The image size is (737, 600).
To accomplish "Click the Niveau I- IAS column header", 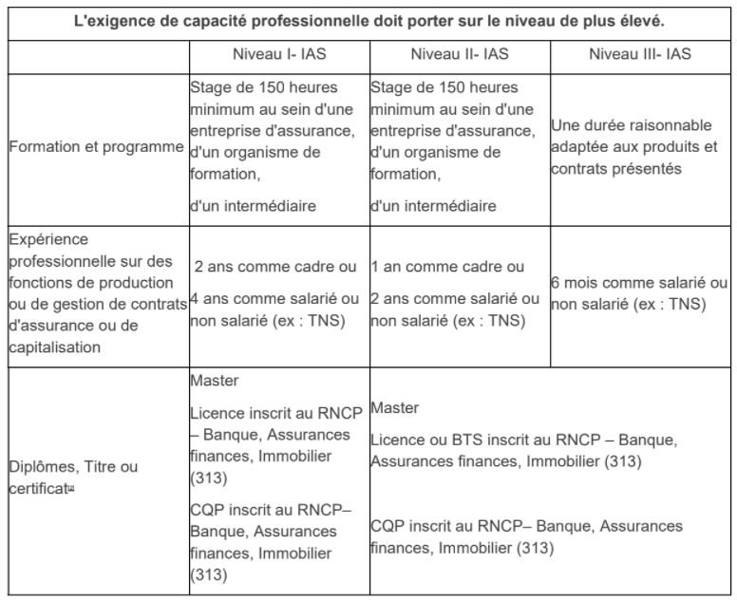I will pos(277,55).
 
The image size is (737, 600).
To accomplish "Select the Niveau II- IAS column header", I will pos(458,55).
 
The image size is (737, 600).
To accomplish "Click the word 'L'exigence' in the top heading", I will pos(115,20).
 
